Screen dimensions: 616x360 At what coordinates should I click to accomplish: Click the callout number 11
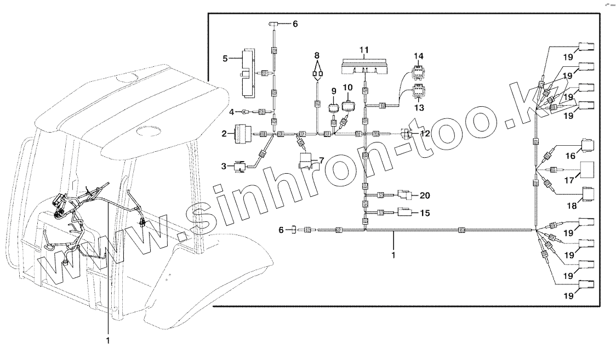point(364,50)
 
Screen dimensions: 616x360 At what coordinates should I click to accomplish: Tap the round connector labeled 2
point(242,133)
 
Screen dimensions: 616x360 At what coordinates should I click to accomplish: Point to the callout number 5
point(225,57)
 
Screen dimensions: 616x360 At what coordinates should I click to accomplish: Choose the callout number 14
point(419,56)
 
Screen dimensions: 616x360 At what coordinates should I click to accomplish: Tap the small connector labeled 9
point(348,87)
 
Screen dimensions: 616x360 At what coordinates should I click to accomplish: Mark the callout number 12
point(425,133)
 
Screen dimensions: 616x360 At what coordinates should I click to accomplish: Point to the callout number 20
point(425,195)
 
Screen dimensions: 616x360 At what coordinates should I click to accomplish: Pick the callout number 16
point(571,156)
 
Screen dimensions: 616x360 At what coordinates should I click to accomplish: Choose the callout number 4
point(232,112)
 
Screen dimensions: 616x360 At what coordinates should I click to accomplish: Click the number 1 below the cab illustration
point(108,340)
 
